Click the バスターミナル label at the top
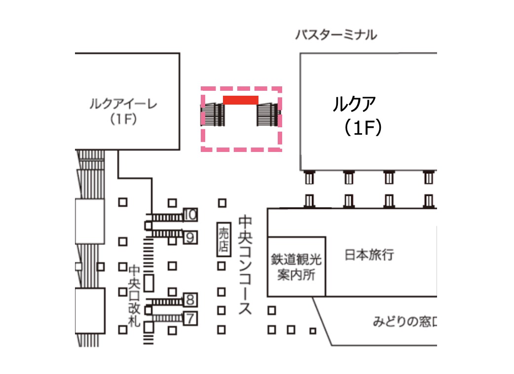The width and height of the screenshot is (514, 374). click(x=336, y=35)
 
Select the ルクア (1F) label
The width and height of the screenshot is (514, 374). click(x=357, y=115)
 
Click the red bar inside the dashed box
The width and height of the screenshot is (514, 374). click(x=241, y=100)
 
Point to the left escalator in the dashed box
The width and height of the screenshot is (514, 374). click(x=213, y=115)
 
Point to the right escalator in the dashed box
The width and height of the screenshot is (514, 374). click(x=268, y=115)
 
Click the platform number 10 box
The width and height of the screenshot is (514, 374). click(x=190, y=215)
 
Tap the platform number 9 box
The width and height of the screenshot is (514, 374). click(x=190, y=237)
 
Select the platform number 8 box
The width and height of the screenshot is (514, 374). click(x=190, y=299)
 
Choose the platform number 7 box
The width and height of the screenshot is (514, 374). click(x=190, y=318)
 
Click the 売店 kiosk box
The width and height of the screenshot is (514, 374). click(x=223, y=239)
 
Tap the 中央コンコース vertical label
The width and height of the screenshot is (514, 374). click(x=245, y=264)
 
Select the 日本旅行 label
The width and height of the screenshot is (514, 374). click(x=369, y=255)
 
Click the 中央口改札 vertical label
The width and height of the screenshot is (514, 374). click(x=135, y=296)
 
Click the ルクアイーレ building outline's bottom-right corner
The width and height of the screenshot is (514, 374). click(x=179, y=149)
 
